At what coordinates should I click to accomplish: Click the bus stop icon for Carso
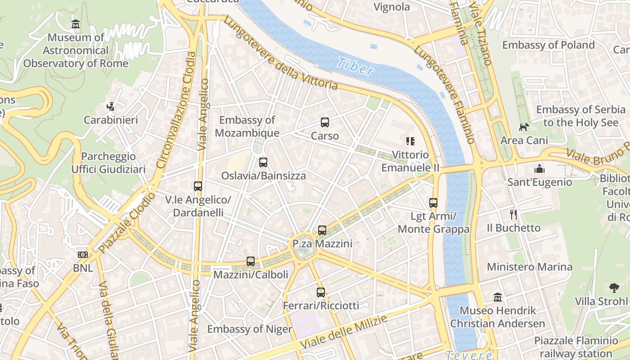click(x=325, y=122)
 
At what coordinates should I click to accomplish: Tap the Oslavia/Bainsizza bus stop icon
click(x=263, y=162)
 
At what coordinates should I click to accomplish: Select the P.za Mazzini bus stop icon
click(x=322, y=230)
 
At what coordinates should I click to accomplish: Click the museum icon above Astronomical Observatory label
click(x=76, y=24)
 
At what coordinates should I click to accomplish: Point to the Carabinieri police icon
click(x=110, y=107)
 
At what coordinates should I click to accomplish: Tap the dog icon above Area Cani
click(x=524, y=127)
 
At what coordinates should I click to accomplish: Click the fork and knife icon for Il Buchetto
click(x=513, y=214)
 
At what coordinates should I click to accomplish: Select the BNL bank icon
click(x=83, y=255)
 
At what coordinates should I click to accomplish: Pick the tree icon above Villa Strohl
click(x=614, y=288)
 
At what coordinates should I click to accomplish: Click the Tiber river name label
click(x=355, y=67)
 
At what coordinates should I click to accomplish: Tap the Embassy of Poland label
click(x=548, y=45)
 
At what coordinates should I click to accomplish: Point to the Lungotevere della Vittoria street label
click(x=280, y=53)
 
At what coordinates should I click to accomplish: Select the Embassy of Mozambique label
click(x=247, y=126)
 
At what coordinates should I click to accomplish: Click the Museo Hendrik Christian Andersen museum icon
click(x=498, y=297)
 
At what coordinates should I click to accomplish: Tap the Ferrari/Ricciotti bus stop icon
click(x=321, y=292)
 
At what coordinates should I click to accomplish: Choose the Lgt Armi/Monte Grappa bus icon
click(x=433, y=203)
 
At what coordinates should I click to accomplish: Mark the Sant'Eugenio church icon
click(x=539, y=169)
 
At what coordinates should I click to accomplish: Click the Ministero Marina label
click(x=530, y=267)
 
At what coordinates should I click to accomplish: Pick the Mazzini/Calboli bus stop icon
click(x=251, y=261)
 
